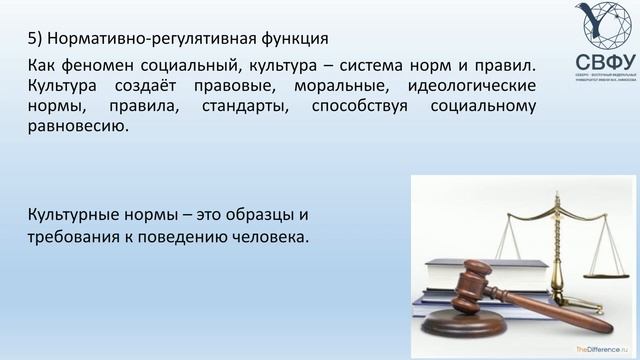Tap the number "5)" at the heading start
click(35, 41)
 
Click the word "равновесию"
click(78, 129)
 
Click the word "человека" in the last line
click(275, 237)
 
